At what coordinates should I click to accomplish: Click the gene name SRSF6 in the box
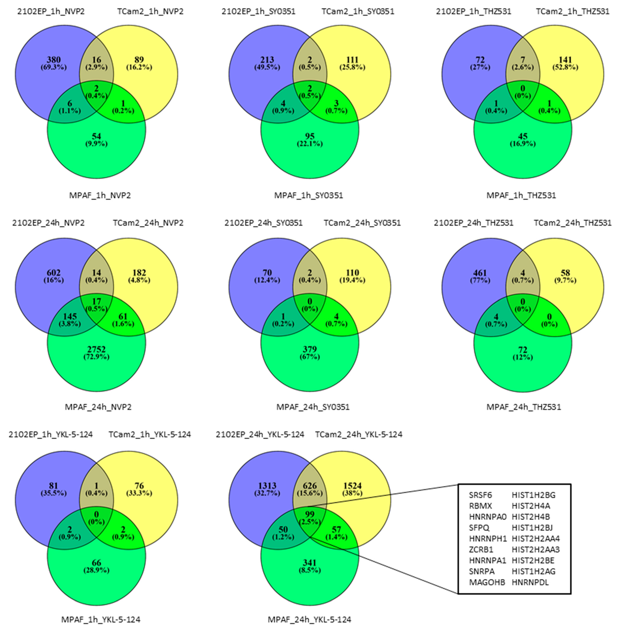(480, 495)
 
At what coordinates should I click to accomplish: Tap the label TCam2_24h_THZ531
(573, 223)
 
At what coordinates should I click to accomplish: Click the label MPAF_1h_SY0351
(309, 195)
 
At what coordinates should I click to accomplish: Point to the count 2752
(96, 349)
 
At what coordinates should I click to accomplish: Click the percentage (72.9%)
(96, 357)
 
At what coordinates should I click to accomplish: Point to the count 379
(310, 349)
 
